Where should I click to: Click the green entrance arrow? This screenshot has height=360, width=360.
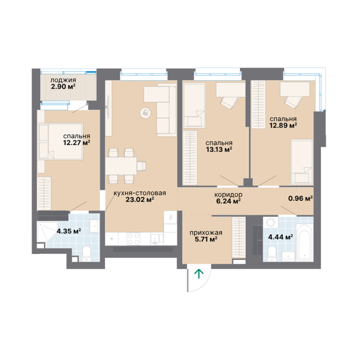(x=199, y=274)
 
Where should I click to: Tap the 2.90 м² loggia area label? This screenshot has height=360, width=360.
(x=63, y=87)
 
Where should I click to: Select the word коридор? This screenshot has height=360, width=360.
(x=228, y=195)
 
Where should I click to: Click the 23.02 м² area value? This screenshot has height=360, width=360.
(x=140, y=200)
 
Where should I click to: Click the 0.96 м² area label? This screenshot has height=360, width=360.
(x=300, y=198)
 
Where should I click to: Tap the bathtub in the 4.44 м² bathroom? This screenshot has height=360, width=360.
(x=304, y=243)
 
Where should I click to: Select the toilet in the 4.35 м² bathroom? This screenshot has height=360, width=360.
(x=87, y=254)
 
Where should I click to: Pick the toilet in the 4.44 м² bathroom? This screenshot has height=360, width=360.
(x=272, y=254)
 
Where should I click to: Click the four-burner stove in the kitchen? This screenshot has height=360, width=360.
(x=134, y=239)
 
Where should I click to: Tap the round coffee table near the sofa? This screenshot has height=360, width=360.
(x=145, y=113)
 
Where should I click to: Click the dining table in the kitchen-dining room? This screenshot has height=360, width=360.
(x=121, y=166)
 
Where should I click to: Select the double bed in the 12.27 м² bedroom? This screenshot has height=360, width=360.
(x=60, y=142)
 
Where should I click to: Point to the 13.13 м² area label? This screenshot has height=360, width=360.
(x=219, y=150)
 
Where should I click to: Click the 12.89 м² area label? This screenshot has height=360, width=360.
(x=283, y=126)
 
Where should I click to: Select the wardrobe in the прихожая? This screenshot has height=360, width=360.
(x=239, y=237)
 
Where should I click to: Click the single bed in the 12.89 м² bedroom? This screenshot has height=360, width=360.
(x=302, y=162)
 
